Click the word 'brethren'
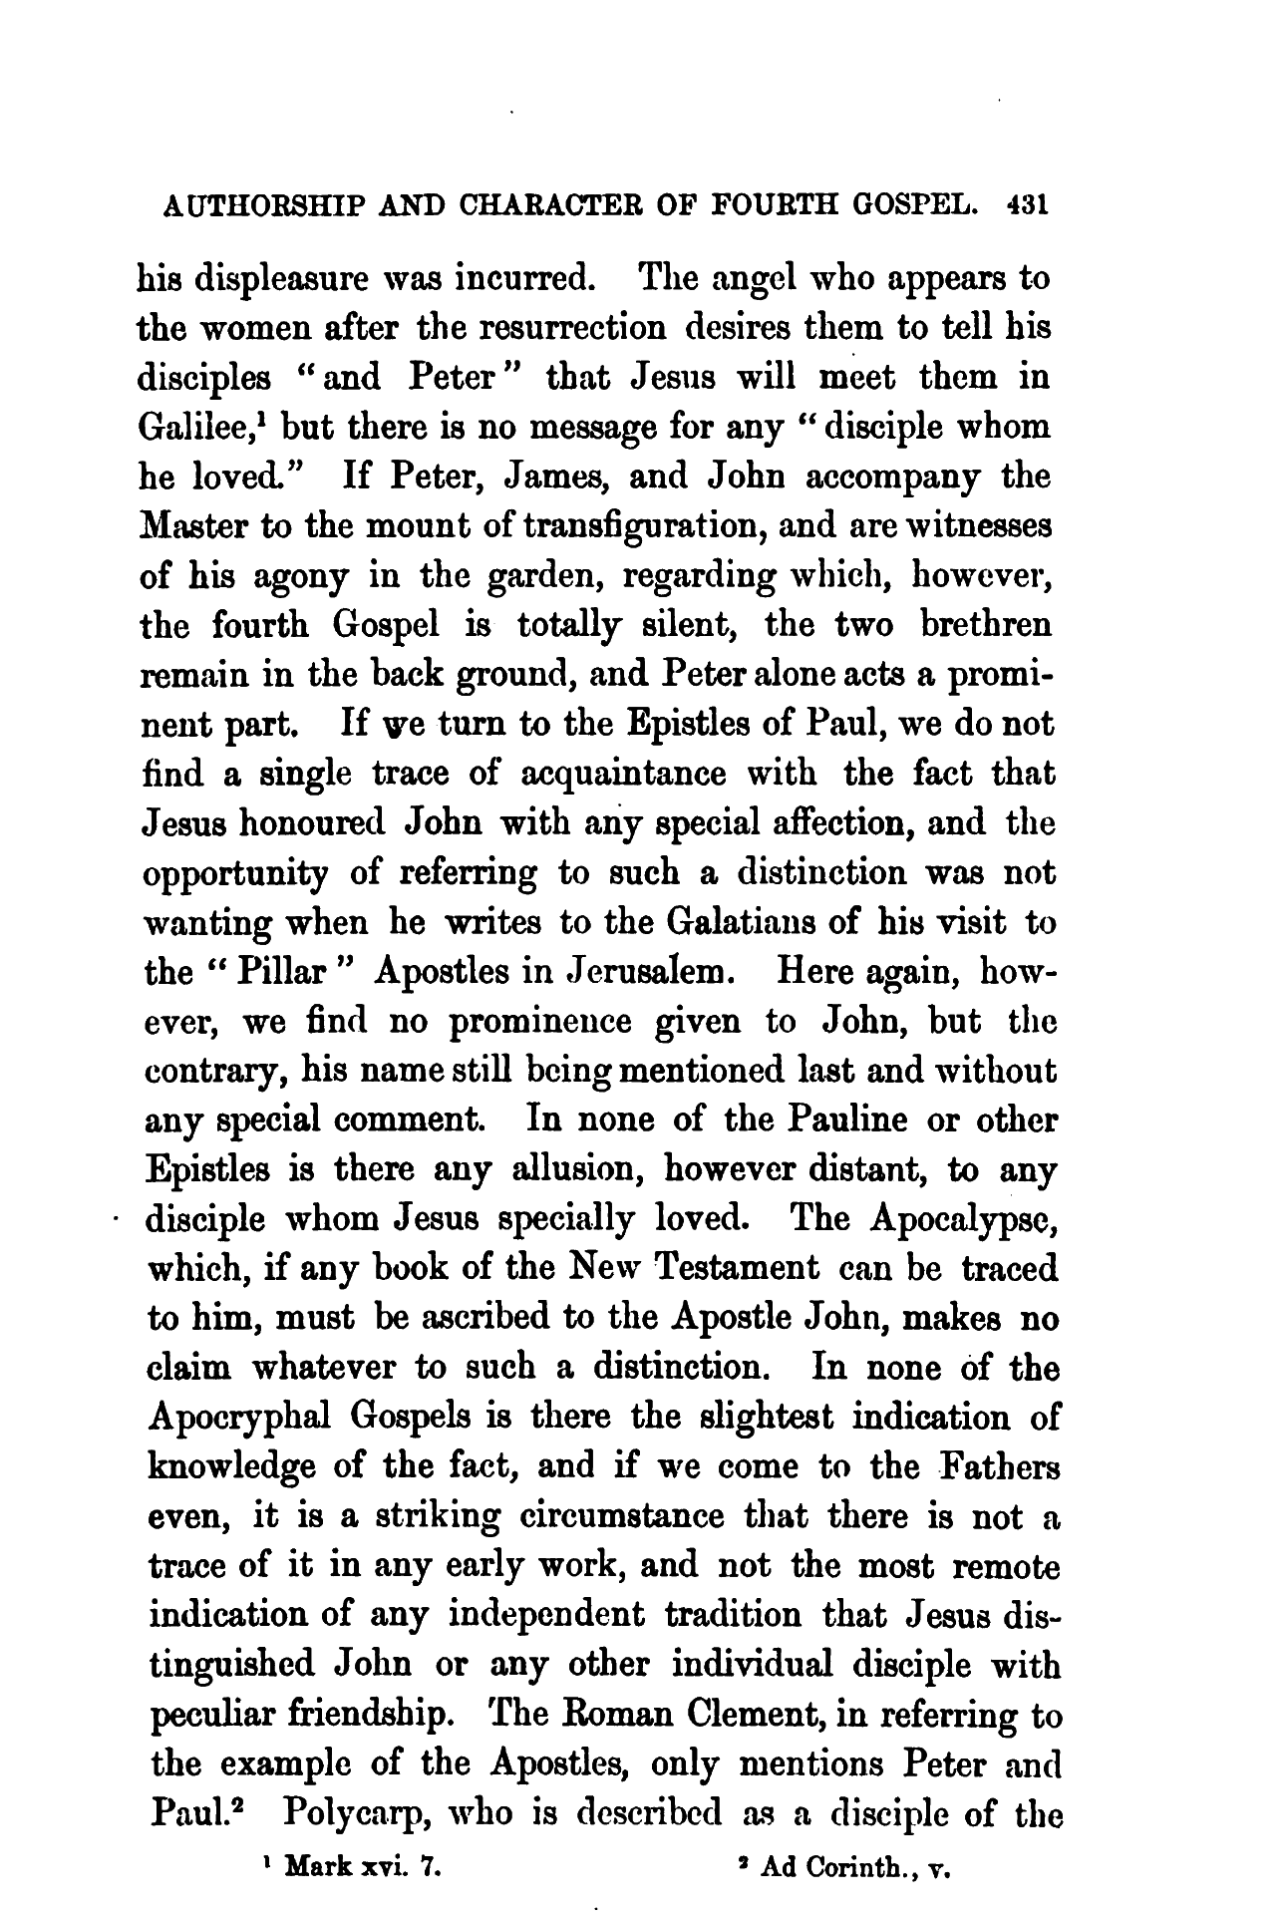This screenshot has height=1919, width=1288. (981, 625)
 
